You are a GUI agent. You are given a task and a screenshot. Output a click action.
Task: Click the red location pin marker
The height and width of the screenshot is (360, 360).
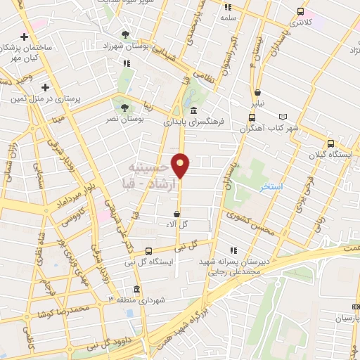pyautogui.click(x=181, y=165)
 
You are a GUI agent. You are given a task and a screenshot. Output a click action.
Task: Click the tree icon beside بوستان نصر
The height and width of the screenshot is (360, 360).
pyautogui.click(x=124, y=108)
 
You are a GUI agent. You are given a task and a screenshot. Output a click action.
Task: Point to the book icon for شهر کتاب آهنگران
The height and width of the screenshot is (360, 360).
pyautogui.click(x=283, y=116)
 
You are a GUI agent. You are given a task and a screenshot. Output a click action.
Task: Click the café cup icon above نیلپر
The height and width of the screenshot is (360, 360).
pyautogui.click(x=258, y=92)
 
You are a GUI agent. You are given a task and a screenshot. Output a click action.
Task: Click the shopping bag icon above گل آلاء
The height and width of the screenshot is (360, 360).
pyautogui.click(x=176, y=213)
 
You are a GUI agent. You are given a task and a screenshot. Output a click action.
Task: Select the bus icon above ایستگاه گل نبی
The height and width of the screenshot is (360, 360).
pyautogui.click(x=148, y=251)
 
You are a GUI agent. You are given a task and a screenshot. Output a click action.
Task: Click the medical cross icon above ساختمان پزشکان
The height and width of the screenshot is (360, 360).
pyautogui.click(x=25, y=37)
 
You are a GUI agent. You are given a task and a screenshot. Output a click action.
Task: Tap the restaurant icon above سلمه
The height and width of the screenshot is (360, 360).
pyautogui.click(x=227, y=7)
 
